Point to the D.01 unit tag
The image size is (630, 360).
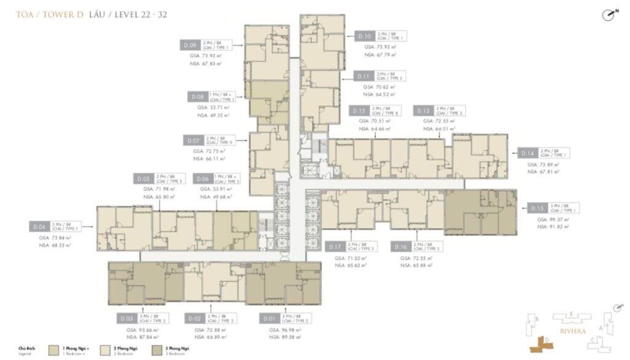pyautogui.click(x=268, y=319)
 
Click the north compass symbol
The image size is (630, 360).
pyautogui.click(x=609, y=17)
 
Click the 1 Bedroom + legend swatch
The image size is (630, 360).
pyautogui.click(x=55, y=350)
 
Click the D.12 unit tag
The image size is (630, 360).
pyautogui.click(x=359, y=111)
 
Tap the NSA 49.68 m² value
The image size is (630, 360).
pyautogui.click(x=212, y=197)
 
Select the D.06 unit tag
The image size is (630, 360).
pyautogui.click(x=201, y=179)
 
